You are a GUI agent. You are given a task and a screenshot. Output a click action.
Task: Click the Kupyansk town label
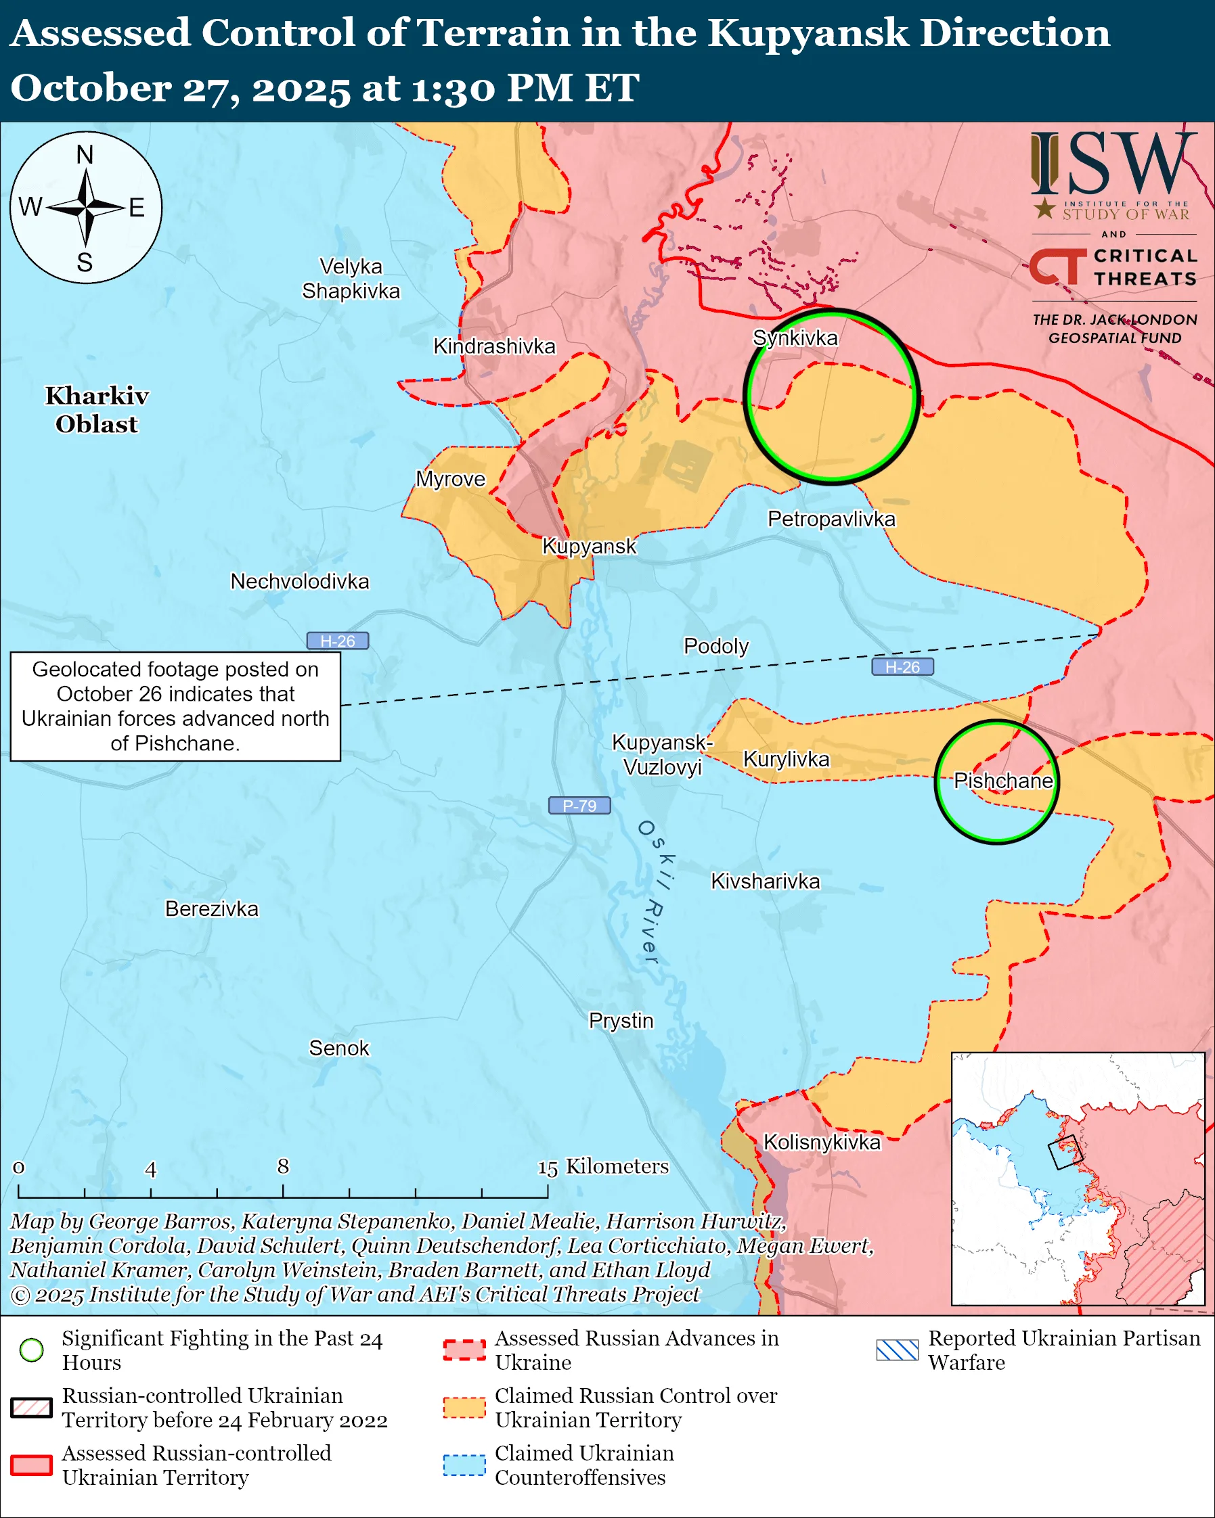tap(589, 547)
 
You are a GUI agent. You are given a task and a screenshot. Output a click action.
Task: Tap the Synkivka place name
tap(795, 338)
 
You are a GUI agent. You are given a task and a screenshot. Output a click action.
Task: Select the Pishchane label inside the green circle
tap(1002, 781)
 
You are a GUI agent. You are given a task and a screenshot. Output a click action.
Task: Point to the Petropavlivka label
tap(831, 519)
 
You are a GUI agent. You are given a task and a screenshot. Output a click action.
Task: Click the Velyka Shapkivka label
tap(351, 279)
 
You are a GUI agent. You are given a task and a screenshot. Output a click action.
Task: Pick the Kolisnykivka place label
tap(822, 1142)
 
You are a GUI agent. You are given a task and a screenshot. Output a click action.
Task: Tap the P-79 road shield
tap(579, 806)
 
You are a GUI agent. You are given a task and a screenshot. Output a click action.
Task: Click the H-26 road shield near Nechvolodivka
tap(337, 641)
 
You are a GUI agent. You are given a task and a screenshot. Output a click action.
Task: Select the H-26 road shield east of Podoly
tap(902, 667)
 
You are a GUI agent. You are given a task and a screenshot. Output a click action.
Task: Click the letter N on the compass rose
tap(85, 154)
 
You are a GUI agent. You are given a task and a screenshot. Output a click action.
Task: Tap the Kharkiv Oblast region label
tap(97, 410)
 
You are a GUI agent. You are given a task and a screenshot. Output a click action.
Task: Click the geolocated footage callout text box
tap(175, 706)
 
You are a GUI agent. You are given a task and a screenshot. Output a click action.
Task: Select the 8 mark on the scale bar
tap(283, 1167)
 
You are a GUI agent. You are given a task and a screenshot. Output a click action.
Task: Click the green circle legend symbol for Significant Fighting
tap(32, 1350)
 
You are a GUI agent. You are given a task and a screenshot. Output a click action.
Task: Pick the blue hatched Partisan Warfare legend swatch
tap(898, 1350)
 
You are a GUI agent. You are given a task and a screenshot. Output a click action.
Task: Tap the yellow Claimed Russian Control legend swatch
tap(464, 1408)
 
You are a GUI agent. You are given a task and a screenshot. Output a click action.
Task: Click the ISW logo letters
tap(1113, 164)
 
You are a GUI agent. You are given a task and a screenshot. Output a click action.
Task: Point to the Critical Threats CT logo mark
tap(1057, 266)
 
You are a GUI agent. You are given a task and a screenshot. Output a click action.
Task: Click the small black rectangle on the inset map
tap(1064, 1153)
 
